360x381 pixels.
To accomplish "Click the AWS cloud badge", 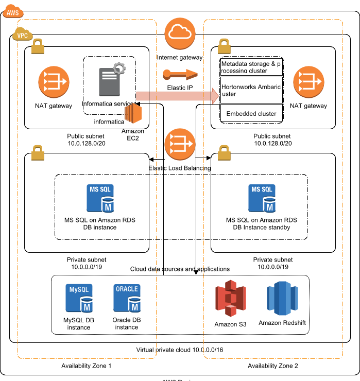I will (x=13, y=12).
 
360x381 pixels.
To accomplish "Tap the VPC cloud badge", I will (x=22, y=36).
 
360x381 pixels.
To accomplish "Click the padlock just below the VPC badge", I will (x=38, y=47).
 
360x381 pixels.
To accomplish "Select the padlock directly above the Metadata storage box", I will (x=224, y=46).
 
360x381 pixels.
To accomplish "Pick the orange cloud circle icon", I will (x=180, y=33).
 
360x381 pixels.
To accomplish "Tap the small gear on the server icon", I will (x=119, y=67).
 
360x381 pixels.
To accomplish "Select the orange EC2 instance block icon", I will (x=133, y=113).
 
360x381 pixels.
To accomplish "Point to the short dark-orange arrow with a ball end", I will (x=180, y=75).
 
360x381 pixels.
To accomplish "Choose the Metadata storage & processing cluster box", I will (x=251, y=67).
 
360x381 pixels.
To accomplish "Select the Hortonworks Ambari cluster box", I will (x=251, y=91).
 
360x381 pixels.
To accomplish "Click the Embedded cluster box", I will (x=251, y=113).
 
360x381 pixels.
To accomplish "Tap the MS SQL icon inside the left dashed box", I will (x=100, y=198).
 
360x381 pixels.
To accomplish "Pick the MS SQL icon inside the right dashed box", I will (x=262, y=198).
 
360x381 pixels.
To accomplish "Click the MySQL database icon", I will (x=79, y=298).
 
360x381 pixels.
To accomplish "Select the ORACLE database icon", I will (x=127, y=298).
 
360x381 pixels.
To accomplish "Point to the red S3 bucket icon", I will (x=230, y=298).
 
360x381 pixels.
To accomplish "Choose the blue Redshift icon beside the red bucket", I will (x=282, y=298).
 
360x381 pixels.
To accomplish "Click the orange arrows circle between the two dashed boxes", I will (x=180, y=144).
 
